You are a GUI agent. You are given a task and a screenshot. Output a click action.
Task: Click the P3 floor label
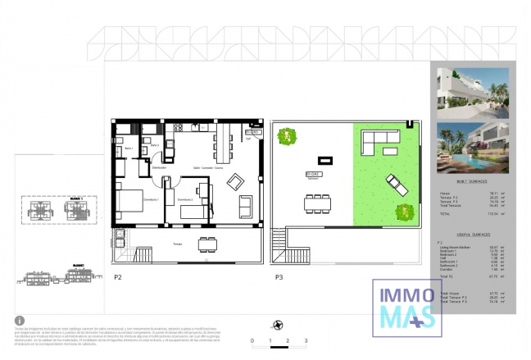tap(279, 277)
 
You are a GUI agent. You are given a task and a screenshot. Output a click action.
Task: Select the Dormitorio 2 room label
tap(185, 198)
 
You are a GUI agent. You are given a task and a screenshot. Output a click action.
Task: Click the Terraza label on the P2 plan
tap(177, 243)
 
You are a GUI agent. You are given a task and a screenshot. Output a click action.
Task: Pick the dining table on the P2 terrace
tap(208, 243)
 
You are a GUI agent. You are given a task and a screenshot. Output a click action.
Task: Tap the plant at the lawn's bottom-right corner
tap(406, 213)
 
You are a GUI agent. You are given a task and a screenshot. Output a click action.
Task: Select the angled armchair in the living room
tap(235, 181)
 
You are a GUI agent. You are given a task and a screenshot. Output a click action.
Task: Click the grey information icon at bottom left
tap(20, 321)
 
